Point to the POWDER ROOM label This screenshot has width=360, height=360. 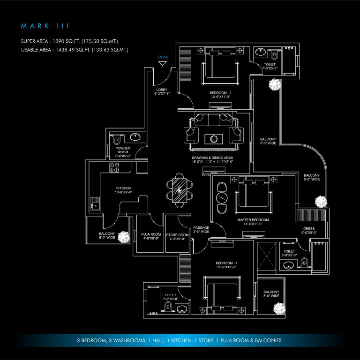point(123,150)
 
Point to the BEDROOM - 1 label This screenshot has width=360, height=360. point(226,265)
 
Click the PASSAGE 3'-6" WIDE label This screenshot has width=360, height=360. point(201,230)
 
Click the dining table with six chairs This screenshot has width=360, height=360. point(179,190)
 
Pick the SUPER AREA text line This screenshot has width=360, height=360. point(75,41)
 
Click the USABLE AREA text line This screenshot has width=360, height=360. point(75,49)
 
